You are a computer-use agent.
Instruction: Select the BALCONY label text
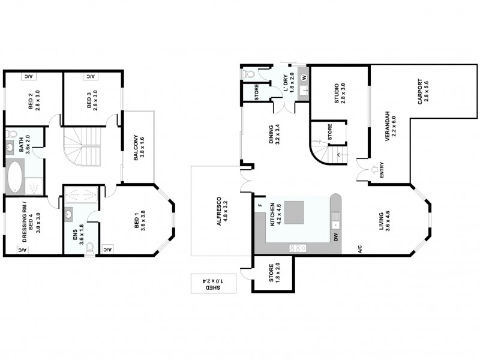pyautogui.click(x=139, y=147)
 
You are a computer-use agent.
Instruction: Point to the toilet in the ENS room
pyautogui.click(x=89, y=247)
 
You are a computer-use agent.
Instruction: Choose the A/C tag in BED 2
pyautogui.click(x=30, y=76)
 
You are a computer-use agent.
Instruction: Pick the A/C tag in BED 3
pyautogui.click(x=89, y=76)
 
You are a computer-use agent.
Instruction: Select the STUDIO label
pyautogui.click(x=340, y=93)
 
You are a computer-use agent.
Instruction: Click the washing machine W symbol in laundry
pyautogui.click(x=304, y=77)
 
